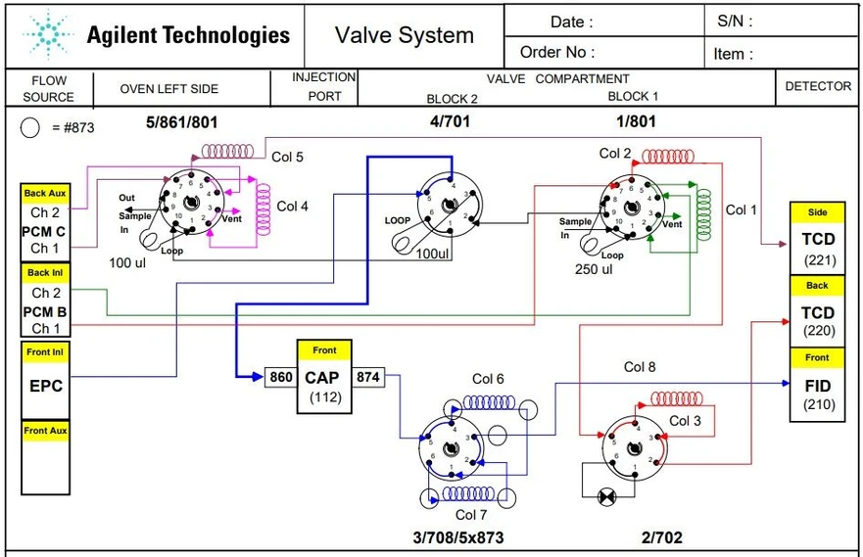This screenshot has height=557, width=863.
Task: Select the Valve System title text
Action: tap(404, 36)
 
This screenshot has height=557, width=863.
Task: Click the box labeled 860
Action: tap(280, 377)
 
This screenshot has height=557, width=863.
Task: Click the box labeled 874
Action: tap(368, 377)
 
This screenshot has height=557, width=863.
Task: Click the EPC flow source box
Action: tap(45, 386)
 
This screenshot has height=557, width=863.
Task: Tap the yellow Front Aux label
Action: tap(45, 431)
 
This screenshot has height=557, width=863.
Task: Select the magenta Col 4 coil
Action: tap(263, 207)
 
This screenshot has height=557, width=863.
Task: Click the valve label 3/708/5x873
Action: tap(459, 537)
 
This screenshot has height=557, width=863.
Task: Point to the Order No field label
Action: tap(557, 52)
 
